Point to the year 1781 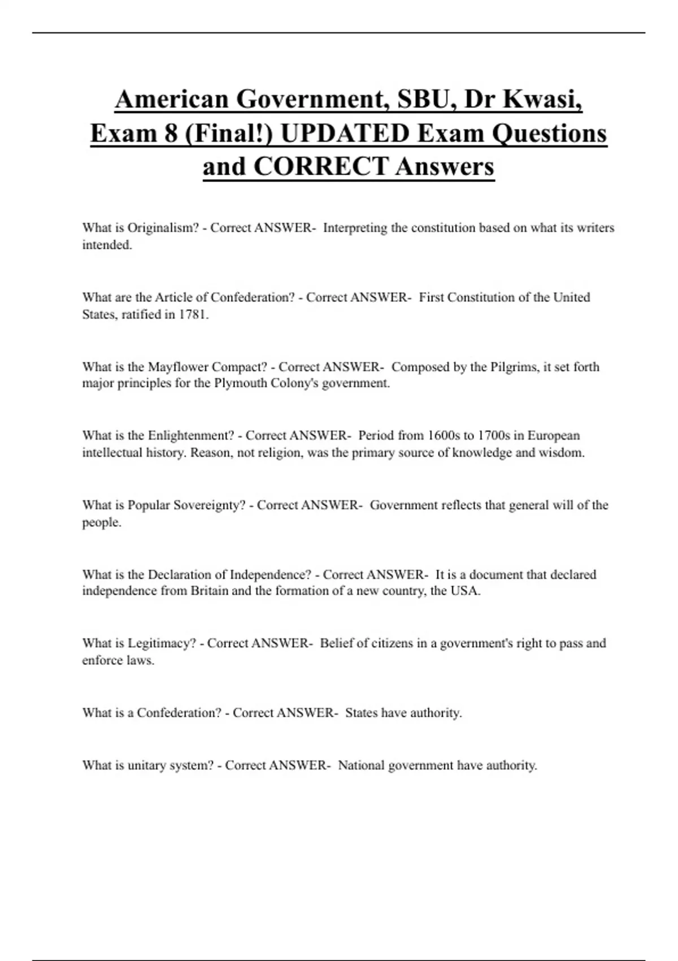click(193, 315)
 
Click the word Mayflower click(178, 367)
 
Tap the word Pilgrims click(512, 367)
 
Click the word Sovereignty click(209, 505)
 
